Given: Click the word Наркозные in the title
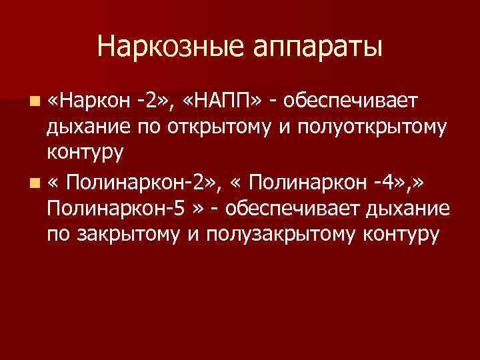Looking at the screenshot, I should [169, 47].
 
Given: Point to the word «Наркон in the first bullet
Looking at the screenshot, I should [91, 101].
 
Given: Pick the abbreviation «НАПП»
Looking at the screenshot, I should [222, 101].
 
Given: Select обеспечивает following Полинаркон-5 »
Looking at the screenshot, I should [295, 207].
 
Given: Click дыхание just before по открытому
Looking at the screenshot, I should [89, 127].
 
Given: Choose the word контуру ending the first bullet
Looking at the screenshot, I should [85, 154].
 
